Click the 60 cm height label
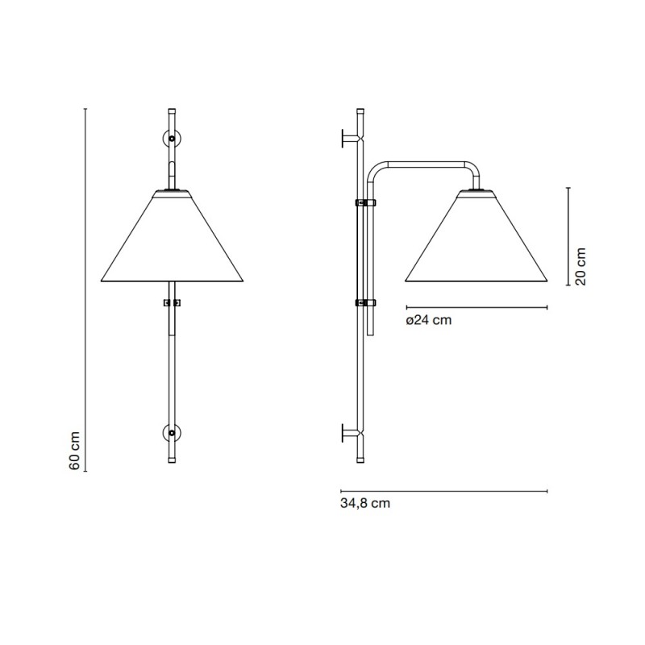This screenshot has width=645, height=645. click(x=74, y=451)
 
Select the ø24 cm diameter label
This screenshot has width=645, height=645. click(x=428, y=320)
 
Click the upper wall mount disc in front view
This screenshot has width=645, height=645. click(x=172, y=138)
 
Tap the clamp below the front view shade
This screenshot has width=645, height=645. click(x=172, y=304)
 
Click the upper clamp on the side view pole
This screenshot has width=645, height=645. click(x=366, y=202)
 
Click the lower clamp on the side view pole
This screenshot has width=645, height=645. click(x=366, y=303)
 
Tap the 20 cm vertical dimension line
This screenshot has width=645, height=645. click(x=569, y=235)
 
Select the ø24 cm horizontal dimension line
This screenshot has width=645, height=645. click(x=476, y=307)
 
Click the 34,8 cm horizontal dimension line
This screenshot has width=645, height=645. click(x=444, y=490)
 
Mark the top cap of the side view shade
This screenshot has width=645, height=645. click(x=476, y=192)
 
